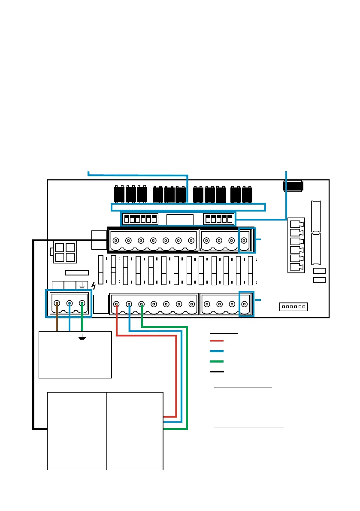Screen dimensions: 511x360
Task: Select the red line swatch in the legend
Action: (217, 340)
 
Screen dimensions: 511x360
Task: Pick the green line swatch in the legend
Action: (217, 361)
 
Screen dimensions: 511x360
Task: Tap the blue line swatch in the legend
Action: (217, 351)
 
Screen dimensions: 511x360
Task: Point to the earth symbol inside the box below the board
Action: (81, 339)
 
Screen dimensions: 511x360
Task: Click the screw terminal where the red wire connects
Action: (116, 305)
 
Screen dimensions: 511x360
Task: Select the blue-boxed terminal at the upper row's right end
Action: (244, 241)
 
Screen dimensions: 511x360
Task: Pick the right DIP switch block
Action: (219, 219)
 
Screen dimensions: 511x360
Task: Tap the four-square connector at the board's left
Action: (64, 253)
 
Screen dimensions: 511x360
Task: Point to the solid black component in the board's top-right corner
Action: (293, 187)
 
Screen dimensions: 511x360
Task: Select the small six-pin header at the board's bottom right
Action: (294, 307)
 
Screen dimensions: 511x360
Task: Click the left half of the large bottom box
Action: (76, 430)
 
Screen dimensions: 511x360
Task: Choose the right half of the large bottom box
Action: (135, 430)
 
